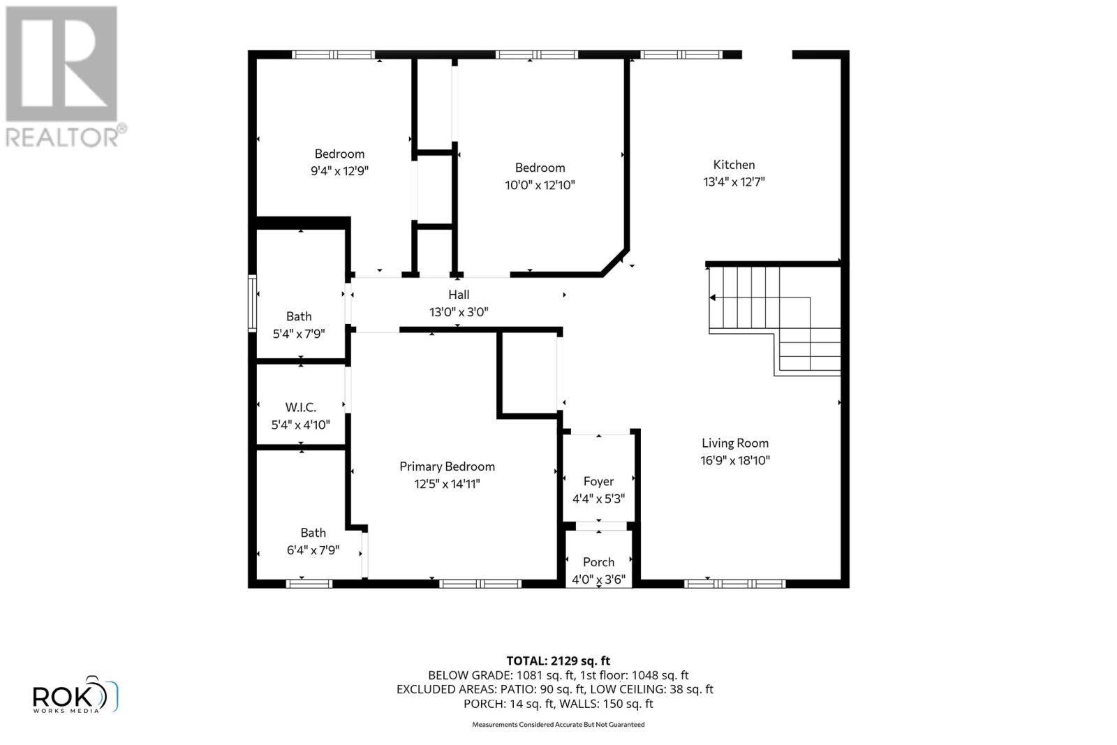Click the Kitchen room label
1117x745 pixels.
point(734,165)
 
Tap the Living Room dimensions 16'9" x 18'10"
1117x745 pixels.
point(735,460)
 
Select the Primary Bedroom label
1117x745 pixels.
point(447,466)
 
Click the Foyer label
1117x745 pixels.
point(598,481)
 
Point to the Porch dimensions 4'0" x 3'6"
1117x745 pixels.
point(598,579)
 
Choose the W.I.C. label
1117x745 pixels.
point(300,407)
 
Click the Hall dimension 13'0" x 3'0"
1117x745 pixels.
point(459,312)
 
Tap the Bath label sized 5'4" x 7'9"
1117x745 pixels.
point(299,316)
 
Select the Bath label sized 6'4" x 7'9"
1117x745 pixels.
point(313,533)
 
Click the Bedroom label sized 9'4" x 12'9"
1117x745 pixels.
point(339,154)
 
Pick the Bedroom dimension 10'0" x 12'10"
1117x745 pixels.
point(540,185)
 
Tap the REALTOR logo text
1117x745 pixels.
point(66,137)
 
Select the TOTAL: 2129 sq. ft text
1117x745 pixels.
point(558,661)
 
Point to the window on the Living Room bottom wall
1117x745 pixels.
point(734,584)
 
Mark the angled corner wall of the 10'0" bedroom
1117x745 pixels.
point(615,262)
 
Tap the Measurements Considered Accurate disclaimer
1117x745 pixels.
point(558,725)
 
